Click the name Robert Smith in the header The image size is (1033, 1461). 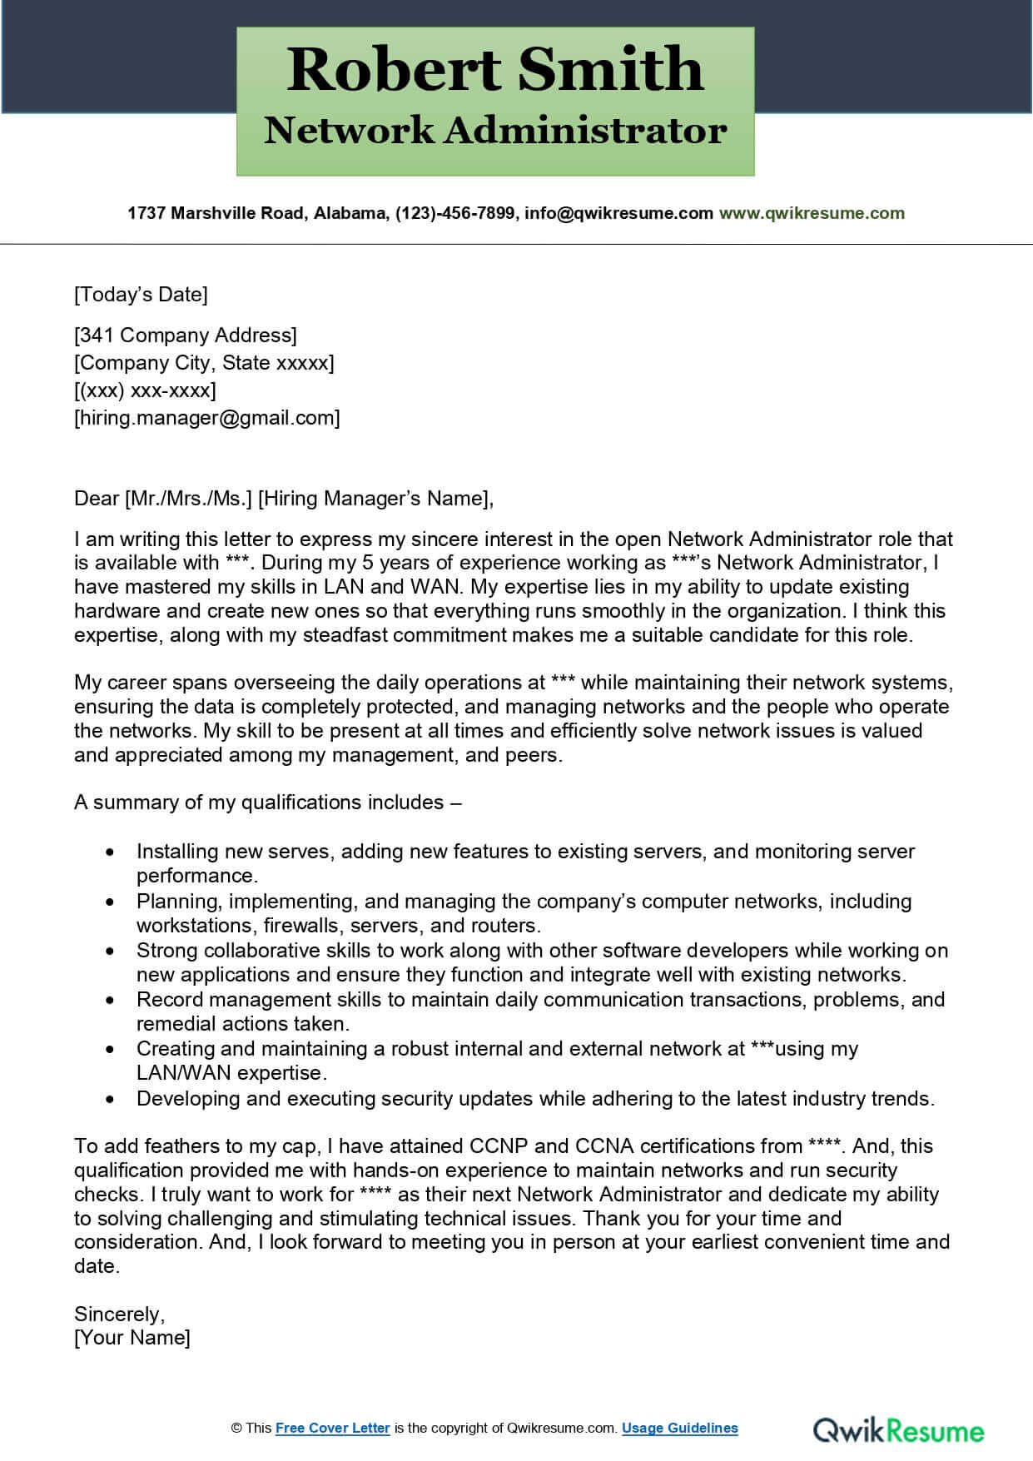click(x=495, y=69)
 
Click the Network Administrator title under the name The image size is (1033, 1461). click(x=495, y=131)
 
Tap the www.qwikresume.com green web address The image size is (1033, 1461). click(x=811, y=213)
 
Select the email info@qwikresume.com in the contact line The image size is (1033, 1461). click(x=618, y=213)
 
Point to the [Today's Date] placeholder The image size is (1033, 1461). click(x=141, y=294)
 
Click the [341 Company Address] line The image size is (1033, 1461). click(x=185, y=335)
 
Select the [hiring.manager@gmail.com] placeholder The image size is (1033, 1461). click(x=206, y=417)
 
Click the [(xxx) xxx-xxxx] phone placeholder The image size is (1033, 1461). click(x=145, y=390)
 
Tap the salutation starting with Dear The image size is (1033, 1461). click(x=283, y=498)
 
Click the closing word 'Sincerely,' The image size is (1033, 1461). click(x=119, y=1314)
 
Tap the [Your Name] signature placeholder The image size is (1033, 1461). click(x=132, y=1337)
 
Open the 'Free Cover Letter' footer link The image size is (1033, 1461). click(x=332, y=1428)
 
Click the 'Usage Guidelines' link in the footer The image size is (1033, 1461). click(x=679, y=1428)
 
